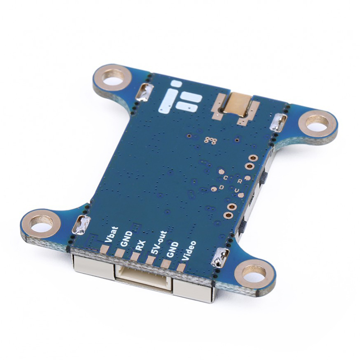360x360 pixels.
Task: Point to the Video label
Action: pyautogui.click(x=189, y=251)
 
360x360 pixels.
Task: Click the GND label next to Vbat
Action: pyautogui.click(x=126, y=239)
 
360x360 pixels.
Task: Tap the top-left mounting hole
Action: pyautogui.click(x=112, y=77)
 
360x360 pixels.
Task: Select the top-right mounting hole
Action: pyautogui.click(x=318, y=122)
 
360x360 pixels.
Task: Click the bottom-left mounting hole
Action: pyautogui.click(x=41, y=223)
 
